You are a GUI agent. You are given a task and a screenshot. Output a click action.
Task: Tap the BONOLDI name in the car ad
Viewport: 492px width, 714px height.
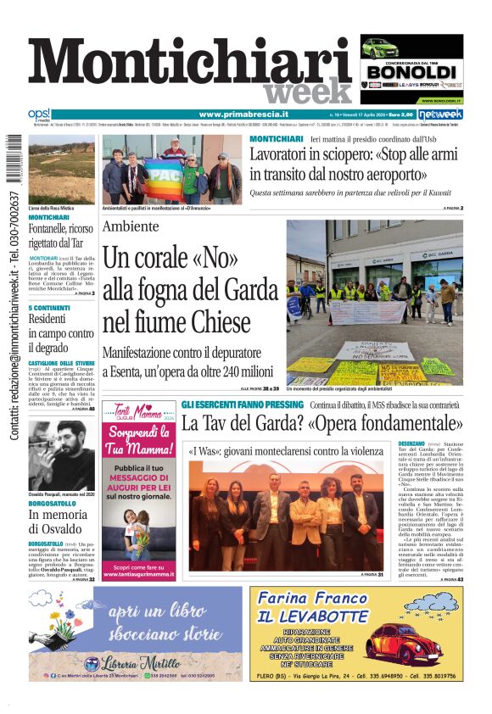[411, 71]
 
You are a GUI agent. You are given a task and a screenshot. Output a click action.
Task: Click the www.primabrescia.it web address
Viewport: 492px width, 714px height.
[243, 114]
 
